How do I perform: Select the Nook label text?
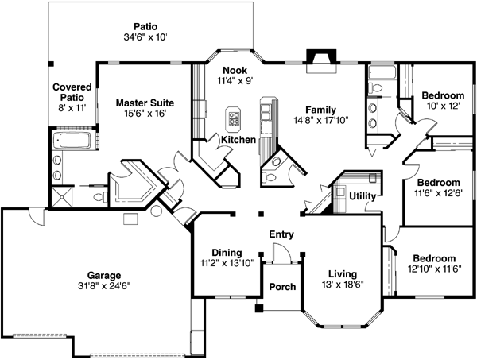click(234, 69)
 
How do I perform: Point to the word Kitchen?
click(238, 139)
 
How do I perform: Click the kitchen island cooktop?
click(235, 119)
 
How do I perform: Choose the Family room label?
click(322, 110)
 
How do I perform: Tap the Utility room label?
click(363, 195)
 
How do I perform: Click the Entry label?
click(281, 234)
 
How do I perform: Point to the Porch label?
click(282, 287)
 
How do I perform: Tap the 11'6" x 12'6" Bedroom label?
click(439, 182)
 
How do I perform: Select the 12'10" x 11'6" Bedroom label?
click(434, 258)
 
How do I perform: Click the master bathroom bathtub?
click(72, 142)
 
